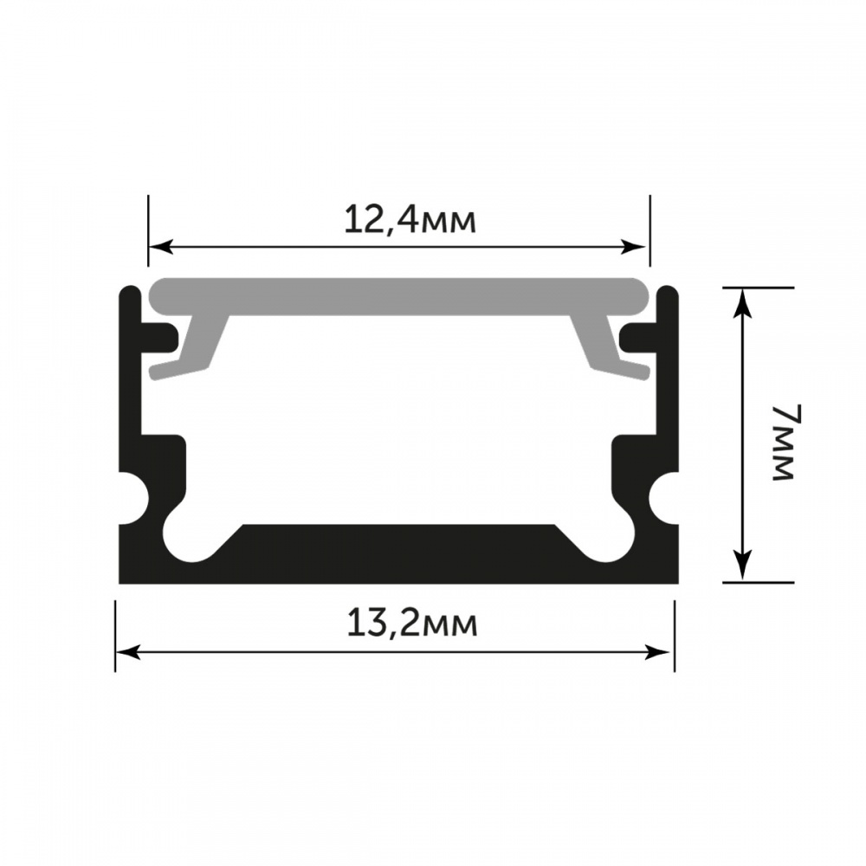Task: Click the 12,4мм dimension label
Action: [410, 221]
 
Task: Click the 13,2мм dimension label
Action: [412, 624]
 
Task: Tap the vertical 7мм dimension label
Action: [784, 443]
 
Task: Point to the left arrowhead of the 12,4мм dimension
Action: [161, 247]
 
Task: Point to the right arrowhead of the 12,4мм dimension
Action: [633, 247]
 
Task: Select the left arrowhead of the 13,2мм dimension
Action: [128, 652]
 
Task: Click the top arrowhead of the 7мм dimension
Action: [744, 302]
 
